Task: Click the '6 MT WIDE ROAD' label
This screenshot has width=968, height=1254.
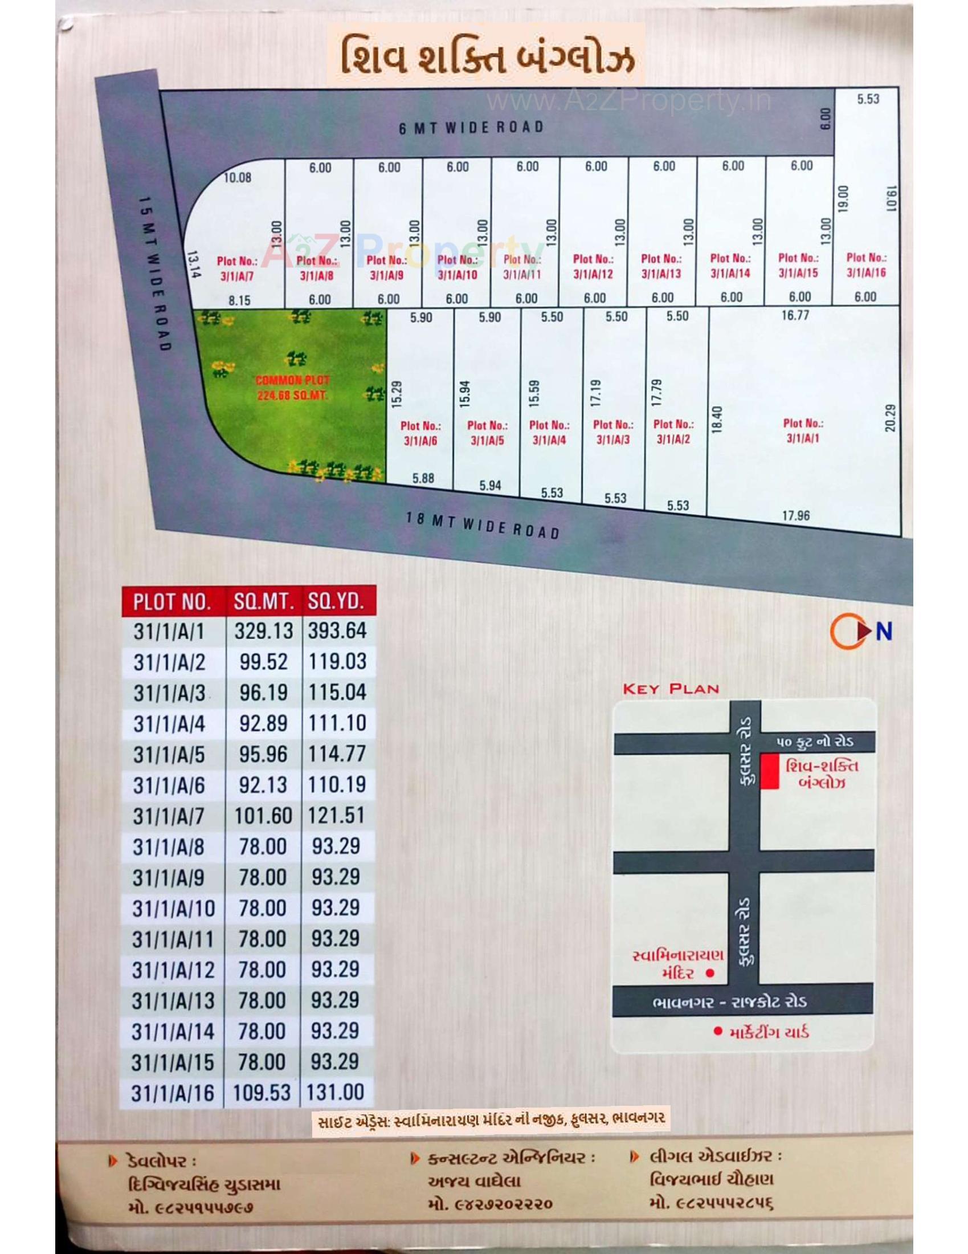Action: (471, 127)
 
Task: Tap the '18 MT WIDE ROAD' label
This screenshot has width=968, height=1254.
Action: (483, 524)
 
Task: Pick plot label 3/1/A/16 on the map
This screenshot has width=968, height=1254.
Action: (866, 264)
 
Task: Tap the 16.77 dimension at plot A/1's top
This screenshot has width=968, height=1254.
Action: (795, 315)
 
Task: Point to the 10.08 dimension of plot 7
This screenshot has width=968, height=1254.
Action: (238, 177)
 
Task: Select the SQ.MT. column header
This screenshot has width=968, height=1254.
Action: (263, 601)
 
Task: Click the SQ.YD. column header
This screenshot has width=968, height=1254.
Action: (337, 601)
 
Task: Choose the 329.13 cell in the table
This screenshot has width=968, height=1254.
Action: (263, 631)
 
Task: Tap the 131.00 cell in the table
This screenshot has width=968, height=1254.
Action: (336, 1092)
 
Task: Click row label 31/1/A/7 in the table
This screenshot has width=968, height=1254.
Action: (169, 816)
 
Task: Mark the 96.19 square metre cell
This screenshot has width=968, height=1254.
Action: (263, 693)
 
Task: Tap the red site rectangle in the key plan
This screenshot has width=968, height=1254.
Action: (770, 772)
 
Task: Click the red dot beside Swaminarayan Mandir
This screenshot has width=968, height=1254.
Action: (710, 972)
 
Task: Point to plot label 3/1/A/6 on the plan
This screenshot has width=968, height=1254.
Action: (420, 433)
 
